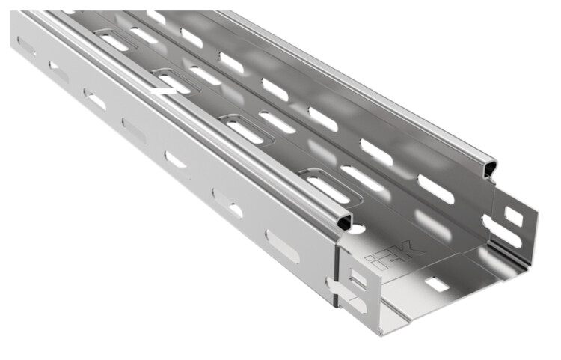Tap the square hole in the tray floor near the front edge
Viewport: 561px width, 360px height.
[437, 284]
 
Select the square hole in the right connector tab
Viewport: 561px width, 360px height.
[513, 216]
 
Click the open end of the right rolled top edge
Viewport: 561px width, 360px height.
[489, 168]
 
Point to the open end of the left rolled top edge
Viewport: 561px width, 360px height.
[344, 221]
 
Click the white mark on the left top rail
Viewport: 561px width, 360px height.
[163, 91]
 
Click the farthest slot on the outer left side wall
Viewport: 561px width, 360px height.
[26, 46]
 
